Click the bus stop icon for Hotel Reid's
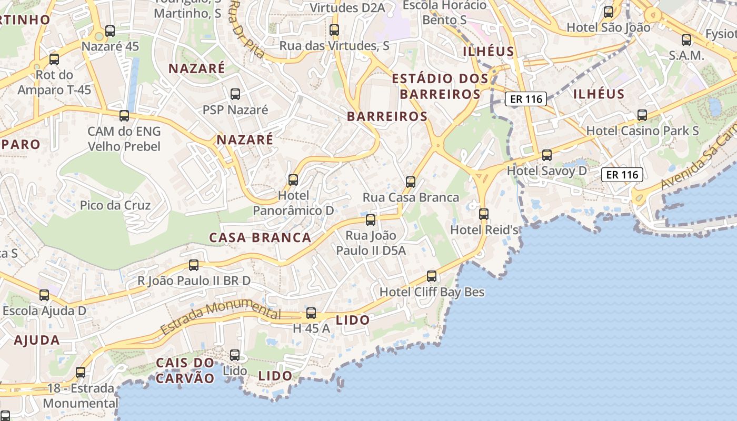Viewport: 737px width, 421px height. click(484, 214)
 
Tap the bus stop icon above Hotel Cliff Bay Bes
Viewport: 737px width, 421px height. click(432, 276)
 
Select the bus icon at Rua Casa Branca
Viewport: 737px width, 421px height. click(411, 182)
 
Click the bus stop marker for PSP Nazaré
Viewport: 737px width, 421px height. click(235, 94)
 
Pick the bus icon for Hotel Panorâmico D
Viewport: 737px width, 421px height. click(293, 180)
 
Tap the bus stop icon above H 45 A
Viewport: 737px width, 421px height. click(311, 313)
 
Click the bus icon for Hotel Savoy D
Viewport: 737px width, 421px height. click(547, 155)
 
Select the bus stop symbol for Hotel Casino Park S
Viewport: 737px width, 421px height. click(642, 115)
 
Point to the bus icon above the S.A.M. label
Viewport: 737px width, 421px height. click(686, 39)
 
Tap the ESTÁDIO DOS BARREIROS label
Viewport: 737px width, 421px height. click(440, 86)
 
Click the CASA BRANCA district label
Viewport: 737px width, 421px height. click(260, 238)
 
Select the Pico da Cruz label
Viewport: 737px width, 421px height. click(115, 205)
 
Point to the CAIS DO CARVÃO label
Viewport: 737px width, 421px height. click(185, 370)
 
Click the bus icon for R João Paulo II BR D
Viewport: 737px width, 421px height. click(194, 265)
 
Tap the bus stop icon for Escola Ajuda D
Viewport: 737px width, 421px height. click(44, 295)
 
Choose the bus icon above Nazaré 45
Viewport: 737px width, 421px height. click(110, 31)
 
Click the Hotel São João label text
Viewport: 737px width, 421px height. click(609, 27)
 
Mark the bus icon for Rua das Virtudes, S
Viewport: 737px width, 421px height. click(334, 30)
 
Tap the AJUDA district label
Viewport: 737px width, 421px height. click(37, 340)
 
